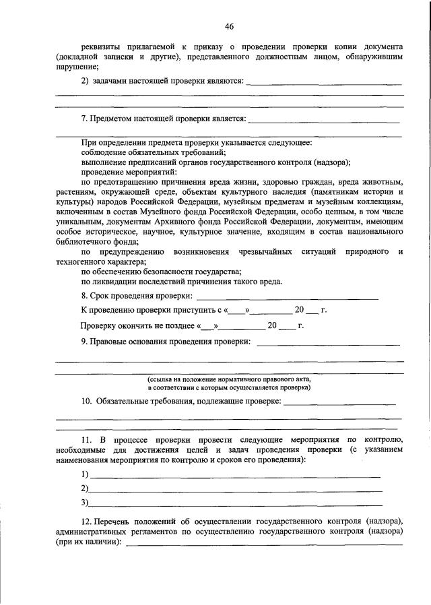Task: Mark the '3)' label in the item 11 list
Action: [x=84, y=503]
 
